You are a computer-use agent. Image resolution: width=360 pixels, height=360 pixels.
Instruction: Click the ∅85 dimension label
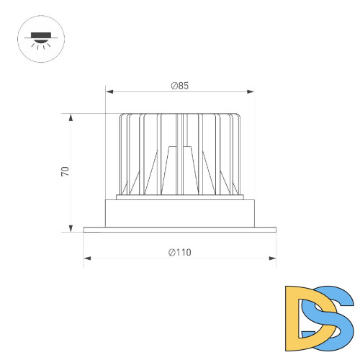pyautogui.click(x=180, y=86)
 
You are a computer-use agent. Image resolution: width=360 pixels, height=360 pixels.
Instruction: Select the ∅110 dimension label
pyautogui.click(x=180, y=252)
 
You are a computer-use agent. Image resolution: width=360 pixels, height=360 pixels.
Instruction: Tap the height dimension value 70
pyautogui.click(x=65, y=171)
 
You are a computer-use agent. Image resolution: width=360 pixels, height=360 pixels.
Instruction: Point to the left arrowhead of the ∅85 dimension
pyautogui.click(x=109, y=91)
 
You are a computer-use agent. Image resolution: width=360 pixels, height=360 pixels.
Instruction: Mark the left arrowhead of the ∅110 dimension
pyautogui.click(x=86, y=257)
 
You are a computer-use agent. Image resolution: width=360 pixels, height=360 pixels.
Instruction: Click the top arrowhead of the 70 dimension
pyautogui.click(x=71, y=116)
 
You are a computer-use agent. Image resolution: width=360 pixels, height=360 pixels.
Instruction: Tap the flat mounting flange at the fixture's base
pyautogui.click(x=180, y=230)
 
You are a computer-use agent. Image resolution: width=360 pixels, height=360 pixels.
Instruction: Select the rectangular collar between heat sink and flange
pyautogui.click(x=180, y=212)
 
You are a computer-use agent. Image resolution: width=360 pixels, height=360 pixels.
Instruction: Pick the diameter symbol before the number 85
pyautogui.click(x=174, y=86)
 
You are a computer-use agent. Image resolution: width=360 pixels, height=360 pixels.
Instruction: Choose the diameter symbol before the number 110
pyautogui.click(x=171, y=252)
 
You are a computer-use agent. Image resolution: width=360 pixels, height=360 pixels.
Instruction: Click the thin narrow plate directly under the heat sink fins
pyautogui.click(x=180, y=197)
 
